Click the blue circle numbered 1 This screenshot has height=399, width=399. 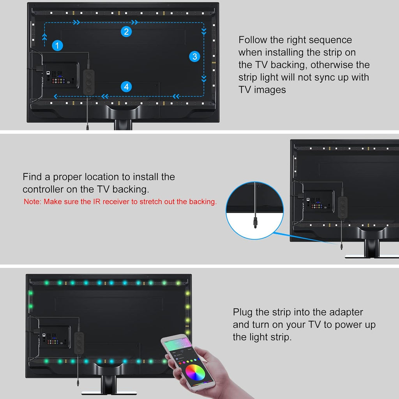tap(57, 46)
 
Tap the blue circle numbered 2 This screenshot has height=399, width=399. tap(126, 32)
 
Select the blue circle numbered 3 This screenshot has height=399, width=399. tap(195, 56)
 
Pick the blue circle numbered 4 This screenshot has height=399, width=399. tap(126, 87)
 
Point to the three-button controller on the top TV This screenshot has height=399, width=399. tap(89, 82)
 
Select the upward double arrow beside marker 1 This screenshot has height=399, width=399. tap(44, 37)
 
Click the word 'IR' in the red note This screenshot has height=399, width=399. tap(97, 201)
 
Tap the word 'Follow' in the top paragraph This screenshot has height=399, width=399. tap(252, 40)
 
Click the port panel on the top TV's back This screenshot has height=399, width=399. tap(60, 75)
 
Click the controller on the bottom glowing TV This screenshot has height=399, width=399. tap(79, 343)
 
